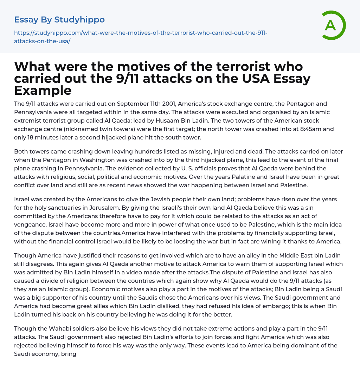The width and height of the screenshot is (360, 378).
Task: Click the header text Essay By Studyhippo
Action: coord(59,20)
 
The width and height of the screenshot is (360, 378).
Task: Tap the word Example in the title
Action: coord(43,90)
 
